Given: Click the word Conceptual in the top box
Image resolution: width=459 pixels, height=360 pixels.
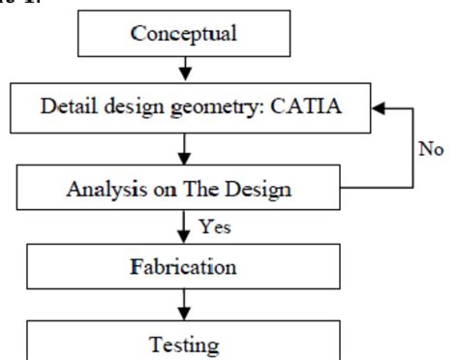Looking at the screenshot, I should tap(184, 33).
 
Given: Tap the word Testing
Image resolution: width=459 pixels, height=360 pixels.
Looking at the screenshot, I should tap(184, 344).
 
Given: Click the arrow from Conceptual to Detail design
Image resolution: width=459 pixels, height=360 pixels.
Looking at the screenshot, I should tap(184, 70).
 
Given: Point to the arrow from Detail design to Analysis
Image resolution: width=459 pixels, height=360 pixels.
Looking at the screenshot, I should tap(184, 150).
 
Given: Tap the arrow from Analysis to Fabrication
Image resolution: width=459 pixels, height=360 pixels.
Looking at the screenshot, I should tap(184, 227).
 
